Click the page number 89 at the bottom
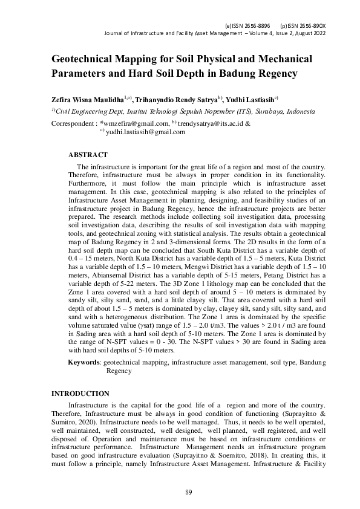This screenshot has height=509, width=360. tap(189, 493)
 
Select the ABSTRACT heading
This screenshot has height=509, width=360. tap(88, 155)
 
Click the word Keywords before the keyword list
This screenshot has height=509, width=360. tap(84, 362)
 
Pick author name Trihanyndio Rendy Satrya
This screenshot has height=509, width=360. tap(175, 99)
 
